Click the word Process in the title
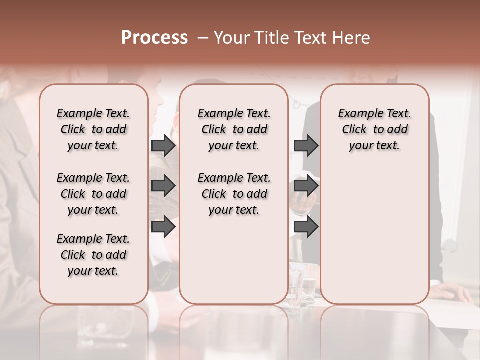154,38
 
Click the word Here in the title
352,38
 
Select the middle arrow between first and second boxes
163,186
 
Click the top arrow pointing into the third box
306,145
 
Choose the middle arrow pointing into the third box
306,186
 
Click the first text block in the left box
93,129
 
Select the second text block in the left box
93,194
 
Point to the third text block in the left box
93,255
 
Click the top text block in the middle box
234,129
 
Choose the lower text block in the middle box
234,194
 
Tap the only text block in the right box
374,129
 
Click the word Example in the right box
356,114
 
